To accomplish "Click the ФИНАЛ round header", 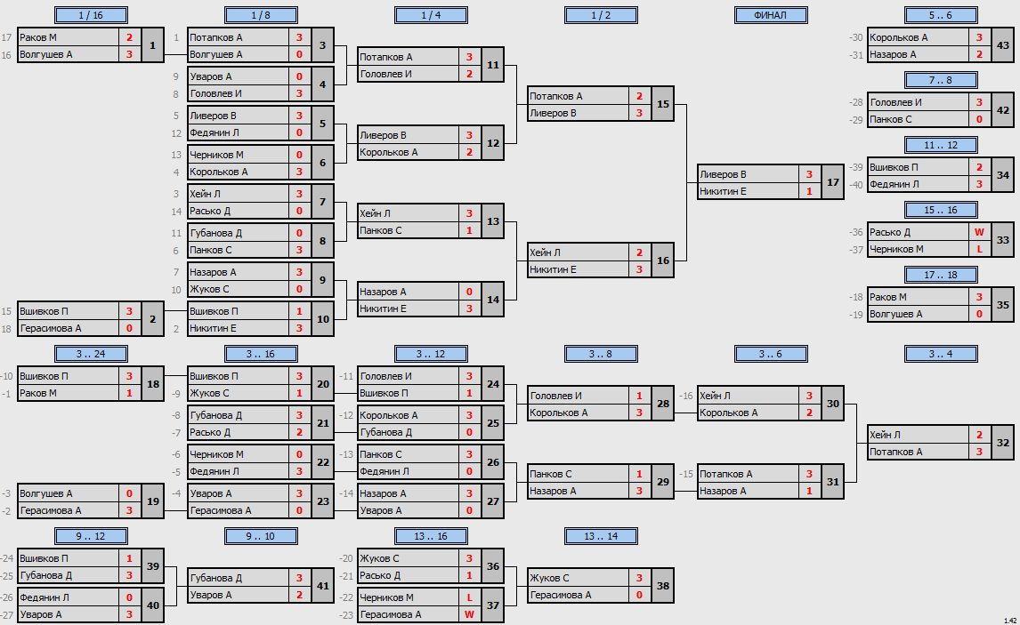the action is coord(770,15).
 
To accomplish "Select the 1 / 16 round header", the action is coord(91,15).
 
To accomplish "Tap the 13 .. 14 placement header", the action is coord(601,536).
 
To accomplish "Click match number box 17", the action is coord(833,182).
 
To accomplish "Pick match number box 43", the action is coord(1002,45).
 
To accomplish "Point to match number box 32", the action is coord(1002,443).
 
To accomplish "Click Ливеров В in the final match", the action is coord(723,174).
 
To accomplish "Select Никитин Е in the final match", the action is coord(723,191).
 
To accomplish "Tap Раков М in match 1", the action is coord(37,37).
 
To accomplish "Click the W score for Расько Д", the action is coord(979,232).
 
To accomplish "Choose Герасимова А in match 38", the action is coord(560,595).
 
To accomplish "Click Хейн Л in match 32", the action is coord(885,435).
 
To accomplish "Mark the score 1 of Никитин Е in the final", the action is coord(809,191).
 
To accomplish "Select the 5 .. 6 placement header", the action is coord(940,15).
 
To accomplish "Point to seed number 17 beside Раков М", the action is coord(6,37).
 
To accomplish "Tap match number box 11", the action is coord(493,65).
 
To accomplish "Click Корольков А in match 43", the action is coord(898,37).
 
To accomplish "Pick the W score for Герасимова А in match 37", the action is coord(469,614).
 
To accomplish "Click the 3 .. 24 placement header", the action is coord(91,354).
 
